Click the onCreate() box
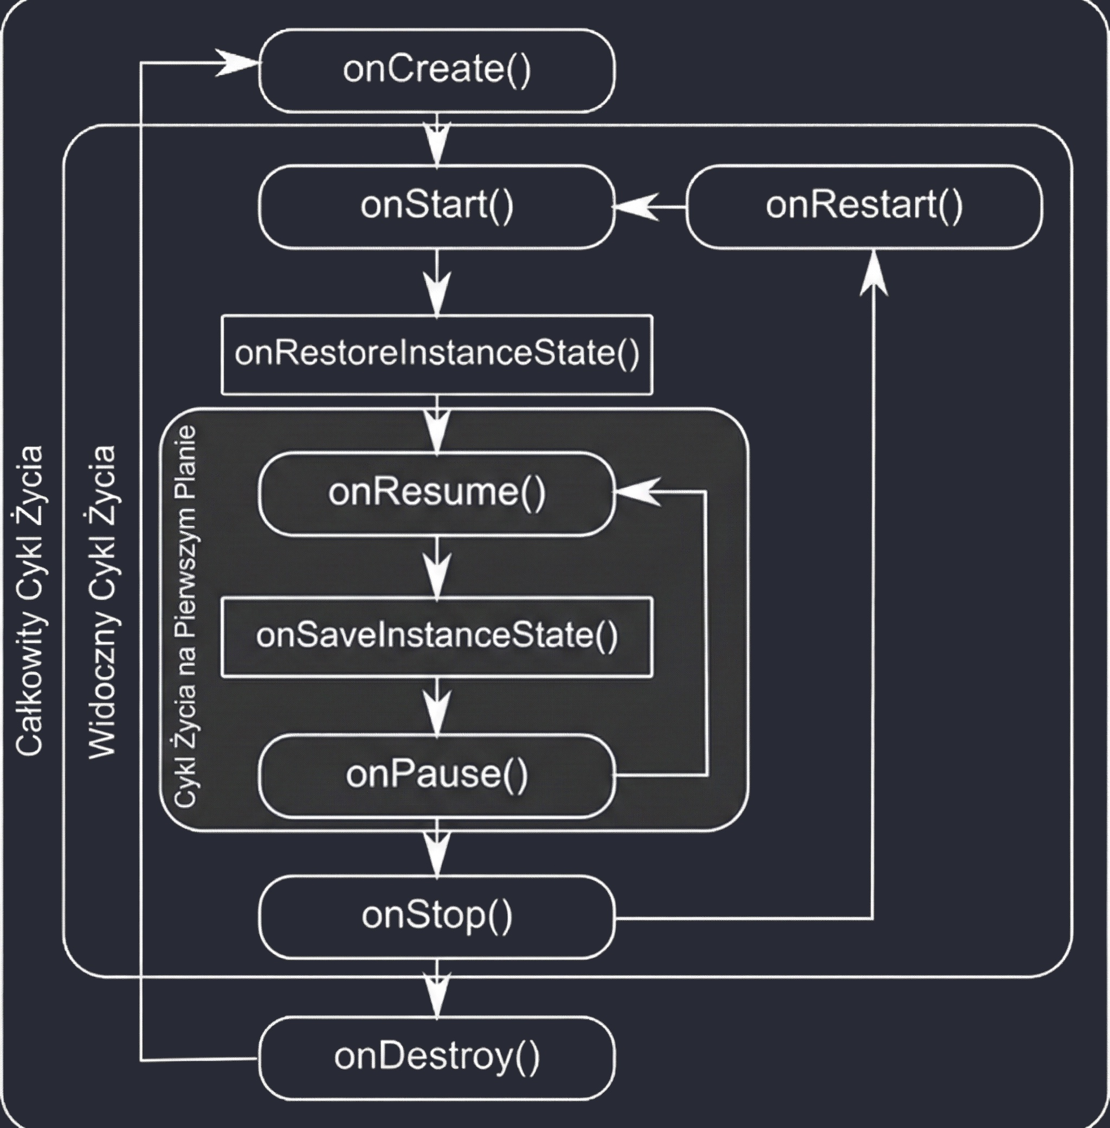coord(437,70)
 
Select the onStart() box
coord(437,207)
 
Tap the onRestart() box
coord(864,207)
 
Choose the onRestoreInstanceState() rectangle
coord(437,355)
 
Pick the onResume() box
coord(437,493)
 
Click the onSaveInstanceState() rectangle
coord(437,637)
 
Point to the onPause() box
coord(437,775)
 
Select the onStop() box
coord(437,917)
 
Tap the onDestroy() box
coord(437,1058)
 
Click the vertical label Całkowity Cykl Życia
coord(29,601)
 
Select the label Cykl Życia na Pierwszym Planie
coord(186,617)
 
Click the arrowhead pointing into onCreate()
coord(238,62)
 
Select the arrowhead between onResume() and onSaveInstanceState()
coord(437,576)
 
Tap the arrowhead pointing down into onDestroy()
coord(437,995)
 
